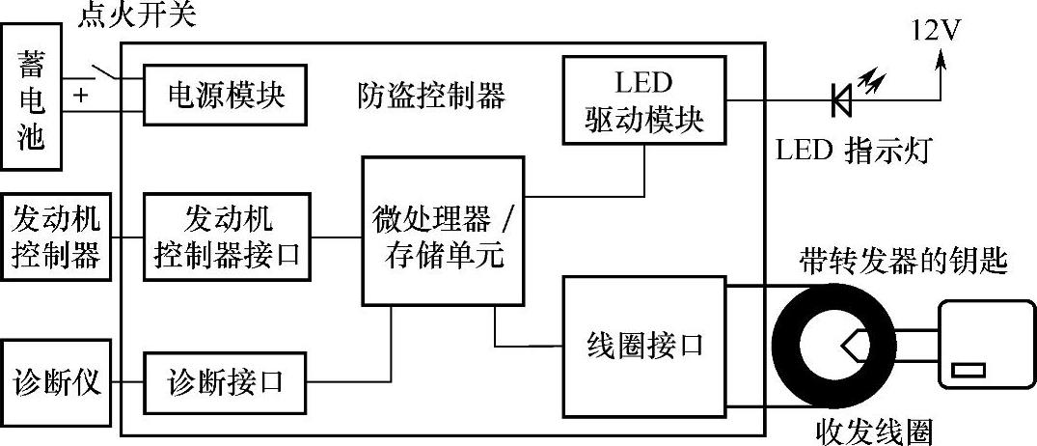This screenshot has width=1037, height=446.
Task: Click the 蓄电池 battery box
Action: click(32, 100)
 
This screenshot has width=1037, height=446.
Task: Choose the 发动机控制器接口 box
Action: click(228, 237)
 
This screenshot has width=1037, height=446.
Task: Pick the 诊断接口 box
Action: click(228, 381)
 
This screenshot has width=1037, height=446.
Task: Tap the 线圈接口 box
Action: click(645, 345)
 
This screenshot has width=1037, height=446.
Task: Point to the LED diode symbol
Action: click(840, 98)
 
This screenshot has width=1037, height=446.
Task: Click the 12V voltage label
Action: click(934, 32)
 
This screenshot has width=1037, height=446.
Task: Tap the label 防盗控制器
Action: click(430, 96)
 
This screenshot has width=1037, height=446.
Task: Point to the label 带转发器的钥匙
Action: click(903, 261)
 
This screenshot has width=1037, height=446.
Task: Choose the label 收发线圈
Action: click(874, 431)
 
